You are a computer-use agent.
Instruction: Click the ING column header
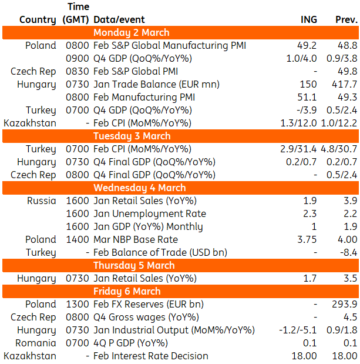click(308, 19)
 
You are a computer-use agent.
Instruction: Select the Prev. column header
click(346, 19)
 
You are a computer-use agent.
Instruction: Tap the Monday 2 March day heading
click(131, 33)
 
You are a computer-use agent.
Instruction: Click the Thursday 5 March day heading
click(134, 265)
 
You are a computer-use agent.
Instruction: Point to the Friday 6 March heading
click(127, 291)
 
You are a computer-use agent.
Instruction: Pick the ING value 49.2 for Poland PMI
click(307, 45)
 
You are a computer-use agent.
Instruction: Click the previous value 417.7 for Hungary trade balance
click(344, 84)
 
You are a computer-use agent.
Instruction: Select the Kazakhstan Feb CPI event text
click(142, 123)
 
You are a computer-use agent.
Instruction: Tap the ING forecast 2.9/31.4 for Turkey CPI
click(298, 149)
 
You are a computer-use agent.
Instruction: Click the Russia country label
click(42, 201)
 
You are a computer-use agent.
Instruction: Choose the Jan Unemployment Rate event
click(150, 214)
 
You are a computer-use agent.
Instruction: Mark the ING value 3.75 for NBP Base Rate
click(307, 239)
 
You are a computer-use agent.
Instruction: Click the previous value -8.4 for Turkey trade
click(348, 253)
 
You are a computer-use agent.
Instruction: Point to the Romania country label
click(36, 343)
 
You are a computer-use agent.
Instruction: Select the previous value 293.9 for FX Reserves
click(345, 305)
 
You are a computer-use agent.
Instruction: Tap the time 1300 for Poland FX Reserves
click(78, 305)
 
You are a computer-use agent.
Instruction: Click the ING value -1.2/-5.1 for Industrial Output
click(298, 330)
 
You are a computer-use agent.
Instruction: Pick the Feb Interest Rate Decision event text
click(151, 356)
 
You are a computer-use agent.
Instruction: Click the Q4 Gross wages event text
click(146, 318)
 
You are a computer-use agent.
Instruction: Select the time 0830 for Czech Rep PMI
click(78, 72)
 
